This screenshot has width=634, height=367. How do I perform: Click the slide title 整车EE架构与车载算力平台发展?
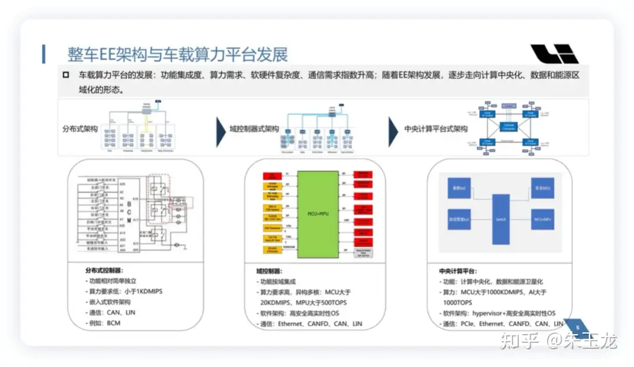click(178, 54)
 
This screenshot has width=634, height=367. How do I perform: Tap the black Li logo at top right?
click(554, 53)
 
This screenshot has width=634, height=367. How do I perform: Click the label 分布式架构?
click(80, 129)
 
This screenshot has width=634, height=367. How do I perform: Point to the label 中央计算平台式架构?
click(436, 129)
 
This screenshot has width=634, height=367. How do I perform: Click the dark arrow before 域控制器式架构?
click(221, 132)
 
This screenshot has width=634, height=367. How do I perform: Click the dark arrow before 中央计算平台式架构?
click(393, 132)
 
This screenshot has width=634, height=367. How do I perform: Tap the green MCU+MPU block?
click(318, 214)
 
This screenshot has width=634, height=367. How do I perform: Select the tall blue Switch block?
click(501, 218)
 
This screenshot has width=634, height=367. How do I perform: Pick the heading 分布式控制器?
click(104, 271)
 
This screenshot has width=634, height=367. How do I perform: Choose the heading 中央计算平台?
click(458, 271)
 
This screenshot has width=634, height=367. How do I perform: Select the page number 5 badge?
click(578, 328)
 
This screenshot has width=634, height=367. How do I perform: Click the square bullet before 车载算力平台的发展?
click(67, 75)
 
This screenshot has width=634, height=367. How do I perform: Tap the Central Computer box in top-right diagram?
click(508, 126)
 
